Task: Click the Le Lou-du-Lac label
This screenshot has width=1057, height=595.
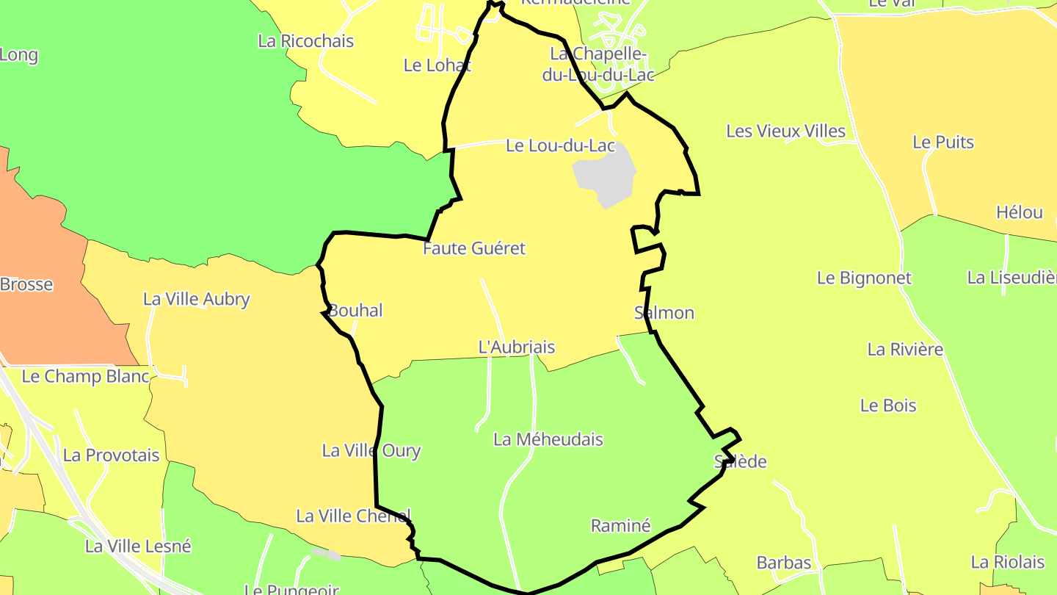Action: click(560, 145)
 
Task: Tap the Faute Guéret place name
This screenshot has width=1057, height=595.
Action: click(474, 248)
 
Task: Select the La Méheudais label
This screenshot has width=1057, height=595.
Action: click(548, 439)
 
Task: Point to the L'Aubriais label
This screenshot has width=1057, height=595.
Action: click(516, 347)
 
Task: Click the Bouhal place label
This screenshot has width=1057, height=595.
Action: click(355, 311)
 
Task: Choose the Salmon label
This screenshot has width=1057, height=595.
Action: click(664, 313)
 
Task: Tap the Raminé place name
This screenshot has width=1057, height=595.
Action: click(620, 525)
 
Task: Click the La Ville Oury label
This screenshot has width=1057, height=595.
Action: click(371, 450)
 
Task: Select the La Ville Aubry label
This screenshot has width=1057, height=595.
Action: click(196, 299)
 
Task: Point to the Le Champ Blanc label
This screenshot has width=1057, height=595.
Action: click(85, 377)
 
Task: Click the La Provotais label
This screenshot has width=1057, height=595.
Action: click(111, 455)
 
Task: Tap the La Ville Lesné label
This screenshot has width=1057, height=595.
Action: click(138, 546)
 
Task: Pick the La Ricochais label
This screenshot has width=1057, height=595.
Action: click(305, 41)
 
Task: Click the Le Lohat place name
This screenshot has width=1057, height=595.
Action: click(437, 65)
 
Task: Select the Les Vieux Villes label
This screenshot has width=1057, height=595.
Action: click(785, 131)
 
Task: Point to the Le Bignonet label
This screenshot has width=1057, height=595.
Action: click(864, 278)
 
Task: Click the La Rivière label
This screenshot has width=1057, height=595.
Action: click(905, 349)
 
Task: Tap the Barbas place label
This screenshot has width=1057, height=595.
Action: click(784, 563)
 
